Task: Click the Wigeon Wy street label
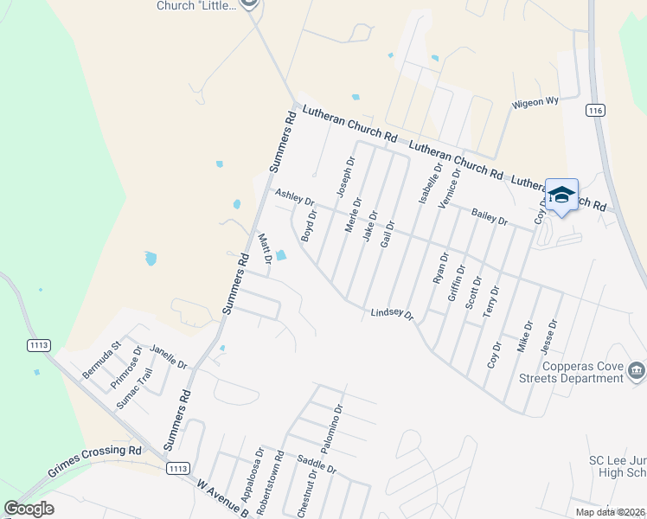point(535,102)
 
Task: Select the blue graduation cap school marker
point(561,195)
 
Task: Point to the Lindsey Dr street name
point(393,315)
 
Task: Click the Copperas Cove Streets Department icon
point(637,371)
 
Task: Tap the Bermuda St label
point(99,363)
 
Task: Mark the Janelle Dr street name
point(169,356)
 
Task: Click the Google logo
point(29,509)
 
